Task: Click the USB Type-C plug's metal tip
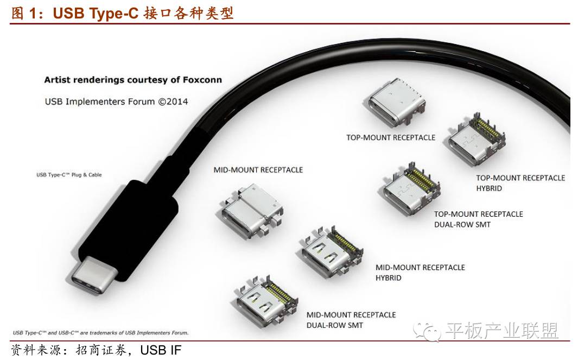pos(92,277)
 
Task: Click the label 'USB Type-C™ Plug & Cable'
pos(69,175)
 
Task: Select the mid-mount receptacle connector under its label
pos(251,211)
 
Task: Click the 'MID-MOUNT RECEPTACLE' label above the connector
pos(258,170)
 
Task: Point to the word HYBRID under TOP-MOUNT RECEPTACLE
pos(489,188)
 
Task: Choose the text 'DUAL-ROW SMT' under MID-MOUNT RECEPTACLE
pos(335,325)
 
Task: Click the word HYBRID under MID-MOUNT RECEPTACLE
pos(389,278)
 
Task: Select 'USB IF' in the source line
pos(161,350)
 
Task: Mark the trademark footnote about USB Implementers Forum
pos(100,332)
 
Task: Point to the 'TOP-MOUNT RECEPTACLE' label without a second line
pos(391,137)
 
